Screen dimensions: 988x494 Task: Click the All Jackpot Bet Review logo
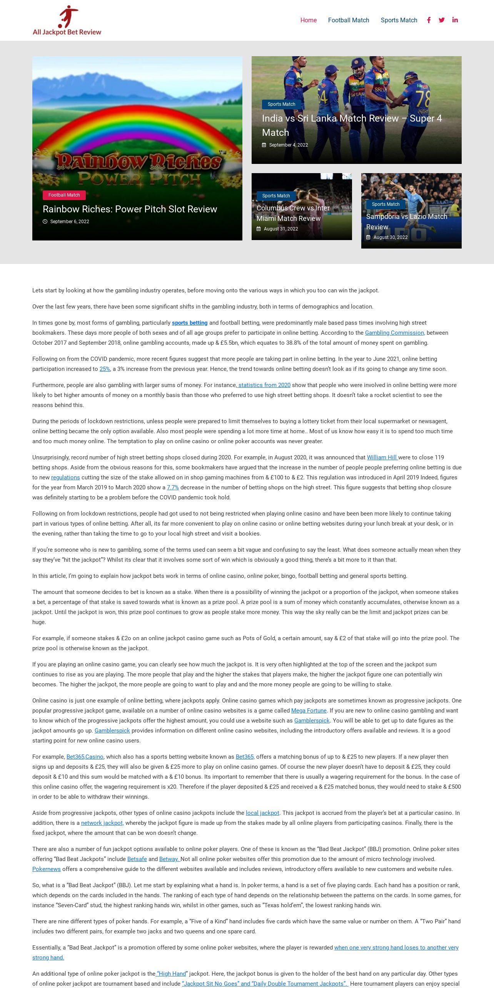pos(67,20)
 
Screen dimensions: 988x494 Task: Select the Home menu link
pos(308,20)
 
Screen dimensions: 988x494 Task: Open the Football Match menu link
pos(348,20)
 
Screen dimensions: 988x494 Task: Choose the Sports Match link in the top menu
pos(399,20)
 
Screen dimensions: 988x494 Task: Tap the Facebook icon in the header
pos(429,20)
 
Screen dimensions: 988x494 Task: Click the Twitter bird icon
pos(442,20)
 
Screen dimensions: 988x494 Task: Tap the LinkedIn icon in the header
pos(455,20)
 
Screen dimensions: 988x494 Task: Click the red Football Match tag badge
pos(64,195)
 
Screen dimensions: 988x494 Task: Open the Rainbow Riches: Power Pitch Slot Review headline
pos(130,209)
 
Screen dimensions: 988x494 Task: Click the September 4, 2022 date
pos(288,145)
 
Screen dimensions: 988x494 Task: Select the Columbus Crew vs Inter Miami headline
pos(293,213)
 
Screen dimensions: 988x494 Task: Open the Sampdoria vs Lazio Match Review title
pos(406,222)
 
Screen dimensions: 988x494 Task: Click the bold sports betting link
pos(190,323)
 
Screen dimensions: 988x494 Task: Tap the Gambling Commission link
pos(395,333)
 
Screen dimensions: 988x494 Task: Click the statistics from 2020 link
pos(264,385)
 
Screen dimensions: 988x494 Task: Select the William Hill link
pos(382,457)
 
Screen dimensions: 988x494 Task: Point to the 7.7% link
pos(173,487)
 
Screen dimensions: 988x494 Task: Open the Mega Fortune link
pos(309,711)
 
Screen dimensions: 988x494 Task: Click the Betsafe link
pos(137,859)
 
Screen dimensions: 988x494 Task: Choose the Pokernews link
pos(47,869)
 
